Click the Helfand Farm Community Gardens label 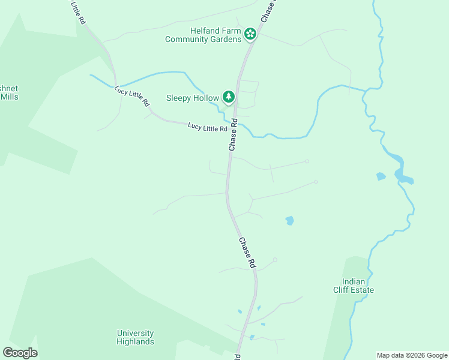(x=203, y=35)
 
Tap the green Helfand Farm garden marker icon (x=250, y=35)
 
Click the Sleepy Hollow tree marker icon (x=228, y=97)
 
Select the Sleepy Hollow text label (x=192, y=97)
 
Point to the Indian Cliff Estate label (x=358, y=286)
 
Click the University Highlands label (x=135, y=337)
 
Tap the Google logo (x=20, y=353)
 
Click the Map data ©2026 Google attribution (x=411, y=355)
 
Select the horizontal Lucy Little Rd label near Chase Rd (x=207, y=127)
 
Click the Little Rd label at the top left (x=77, y=12)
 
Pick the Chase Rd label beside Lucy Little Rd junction (x=232, y=134)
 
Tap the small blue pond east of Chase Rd (x=290, y=220)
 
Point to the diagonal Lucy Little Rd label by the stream (x=132, y=96)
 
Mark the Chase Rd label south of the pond (x=247, y=253)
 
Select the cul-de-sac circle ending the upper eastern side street (x=307, y=161)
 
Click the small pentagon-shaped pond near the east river (x=380, y=176)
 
